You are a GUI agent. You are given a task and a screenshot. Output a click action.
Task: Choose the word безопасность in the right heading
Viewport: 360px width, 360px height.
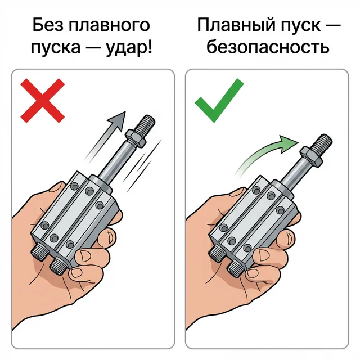coord(267,47)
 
